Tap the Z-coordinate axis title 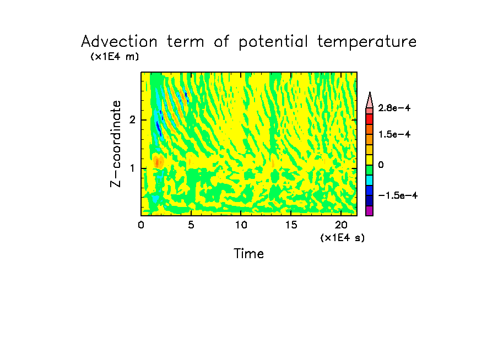116,144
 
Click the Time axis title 248,254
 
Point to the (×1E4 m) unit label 115,57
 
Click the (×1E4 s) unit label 342,237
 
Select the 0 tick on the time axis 141,225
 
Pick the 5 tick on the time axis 191,225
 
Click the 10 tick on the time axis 241,225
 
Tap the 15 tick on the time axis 291,225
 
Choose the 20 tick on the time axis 340,225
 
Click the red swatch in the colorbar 370,118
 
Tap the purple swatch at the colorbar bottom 370,211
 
